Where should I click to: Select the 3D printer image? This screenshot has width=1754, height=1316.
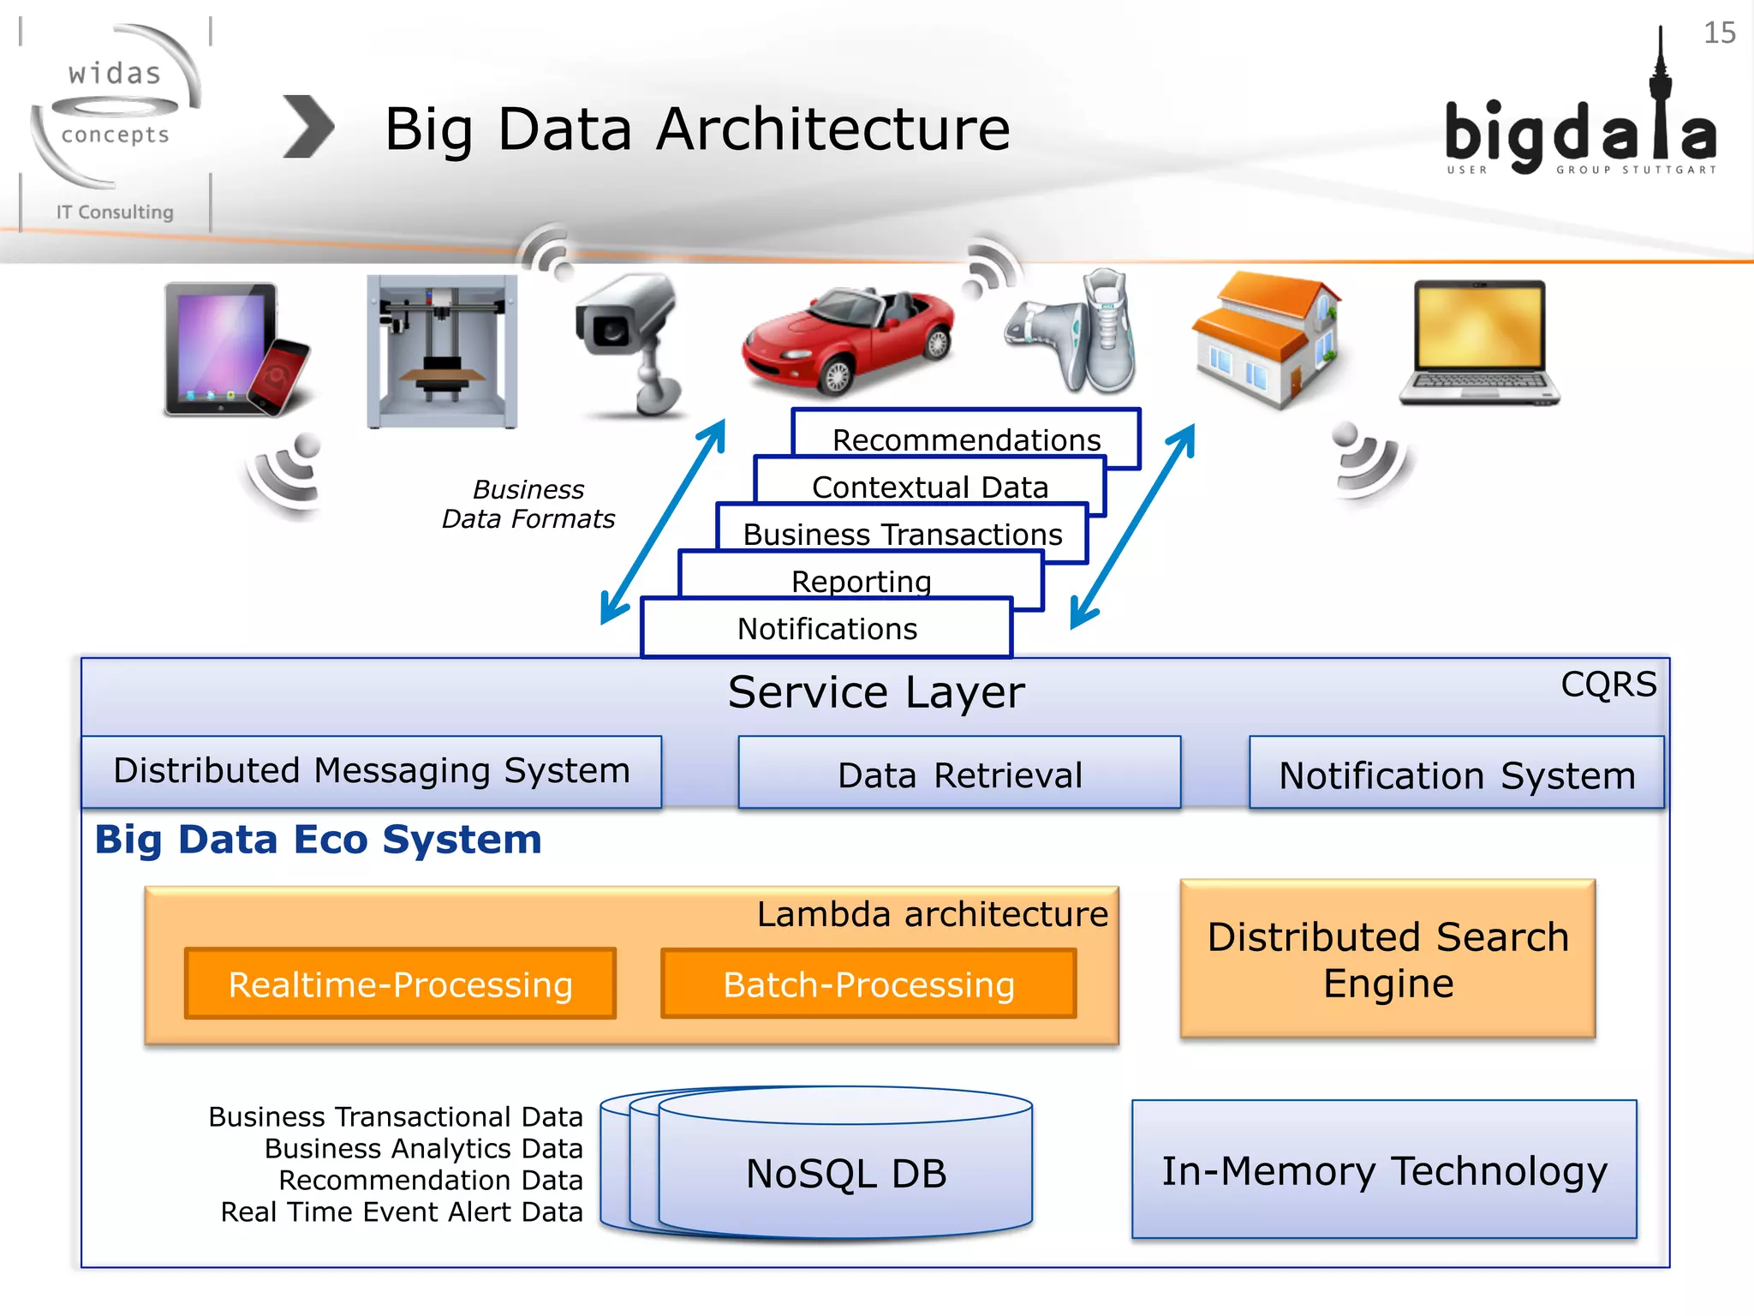tap(441, 351)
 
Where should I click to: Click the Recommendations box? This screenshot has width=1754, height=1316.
tap(966, 439)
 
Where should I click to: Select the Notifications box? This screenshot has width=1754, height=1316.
tap(826, 628)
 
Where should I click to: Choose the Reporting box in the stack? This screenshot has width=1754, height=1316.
tap(861, 580)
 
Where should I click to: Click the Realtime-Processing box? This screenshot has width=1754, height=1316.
tap(400, 984)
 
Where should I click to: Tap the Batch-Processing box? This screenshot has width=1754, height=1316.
tap(868, 984)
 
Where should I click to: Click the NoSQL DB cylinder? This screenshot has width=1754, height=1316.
tap(845, 1171)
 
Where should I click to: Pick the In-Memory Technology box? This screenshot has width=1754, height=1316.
tap(1384, 1169)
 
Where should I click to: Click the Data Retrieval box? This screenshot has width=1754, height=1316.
tap(959, 773)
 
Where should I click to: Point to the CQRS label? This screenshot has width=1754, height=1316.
tap(1608, 684)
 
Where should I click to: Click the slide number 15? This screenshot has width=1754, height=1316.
tap(1719, 33)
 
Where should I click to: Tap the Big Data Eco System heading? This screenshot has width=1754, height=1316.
tap(319, 839)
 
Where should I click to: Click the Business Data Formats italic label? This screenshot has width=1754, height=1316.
tap(528, 504)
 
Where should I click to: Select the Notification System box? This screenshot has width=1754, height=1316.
tap(1456, 774)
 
